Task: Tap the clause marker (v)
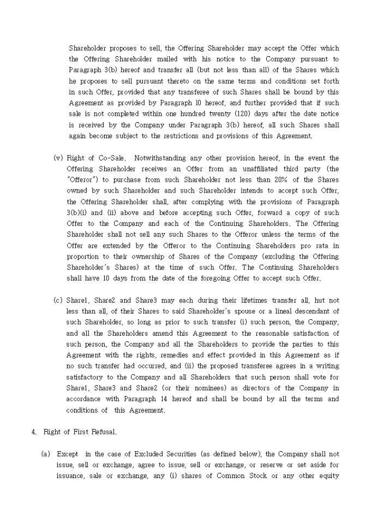click(x=58, y=158)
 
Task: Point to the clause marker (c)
click(x=58, y=301)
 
